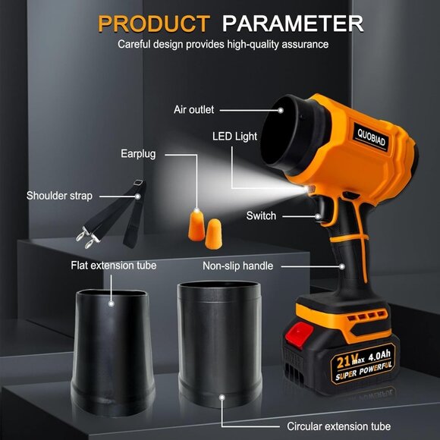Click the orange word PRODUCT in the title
coord(154,24)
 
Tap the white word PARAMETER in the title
coord(293,24)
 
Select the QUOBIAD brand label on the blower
coord(371,137)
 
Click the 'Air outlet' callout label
coord(193,109)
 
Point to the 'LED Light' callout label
coord(234,137)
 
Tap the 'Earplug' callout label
coord(138,154)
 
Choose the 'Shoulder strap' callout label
coord(59,196)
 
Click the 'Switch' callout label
coord(261,215)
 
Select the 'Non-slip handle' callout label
coord(237,266)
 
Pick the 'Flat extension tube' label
coord(113,266)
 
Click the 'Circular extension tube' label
coord(338,426)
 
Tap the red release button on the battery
coord(300,335)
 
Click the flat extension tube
coord(112,352)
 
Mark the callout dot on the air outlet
coord(281,110)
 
